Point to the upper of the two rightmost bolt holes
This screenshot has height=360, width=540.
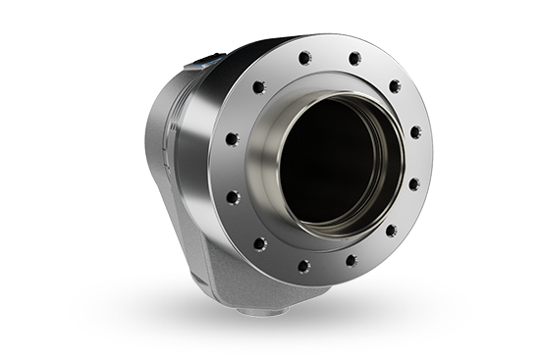coord(416,132)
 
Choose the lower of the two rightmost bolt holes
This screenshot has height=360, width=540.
coord(414,183)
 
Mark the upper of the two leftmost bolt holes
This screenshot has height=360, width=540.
coord(232,138)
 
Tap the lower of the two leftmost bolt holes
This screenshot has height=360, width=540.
coord(232,196)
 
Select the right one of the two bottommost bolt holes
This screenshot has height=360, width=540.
coord(351,260)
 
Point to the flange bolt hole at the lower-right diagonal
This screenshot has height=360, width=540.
coord(391,231)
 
